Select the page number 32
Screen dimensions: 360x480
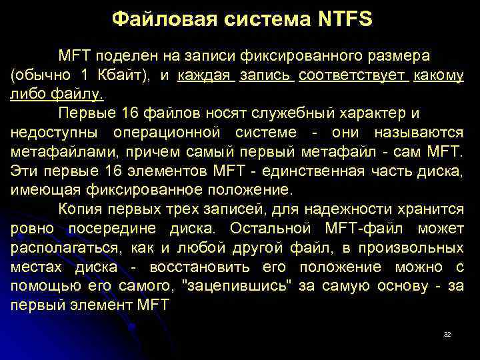point(447,334)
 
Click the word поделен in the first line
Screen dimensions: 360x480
point(121,55)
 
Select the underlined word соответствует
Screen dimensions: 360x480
point(353,75)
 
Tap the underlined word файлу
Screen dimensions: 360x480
point(79,94)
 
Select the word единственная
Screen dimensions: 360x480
point(321,171)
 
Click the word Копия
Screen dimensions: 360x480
point(79,209)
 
